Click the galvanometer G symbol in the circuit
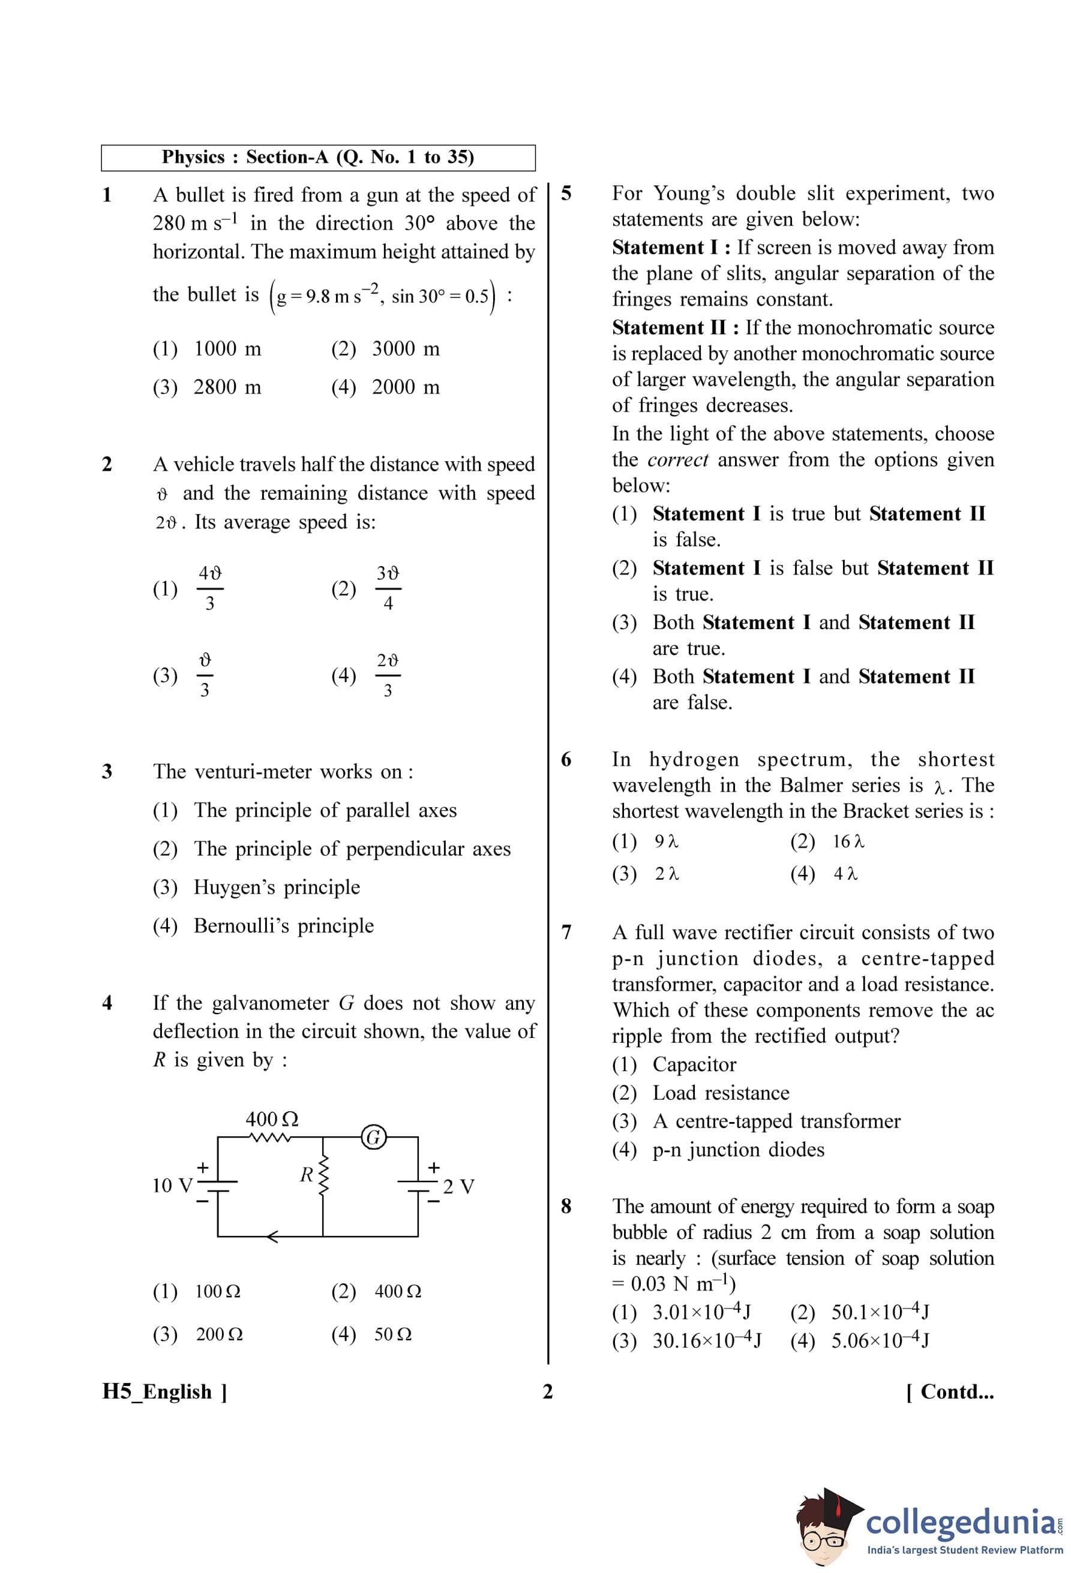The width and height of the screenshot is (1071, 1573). point(373,1137)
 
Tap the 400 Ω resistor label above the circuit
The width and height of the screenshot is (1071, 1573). point(271,1119)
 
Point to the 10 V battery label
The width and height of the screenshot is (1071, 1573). point(172,1185)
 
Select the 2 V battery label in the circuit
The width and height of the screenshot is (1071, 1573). point(458,1187)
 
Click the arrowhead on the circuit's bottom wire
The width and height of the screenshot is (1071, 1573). point(271,1237)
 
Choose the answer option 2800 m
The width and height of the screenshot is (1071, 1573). point(227,387)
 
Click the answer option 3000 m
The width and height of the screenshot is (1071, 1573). point(406,348)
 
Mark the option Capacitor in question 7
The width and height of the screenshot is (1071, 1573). point(694,1064)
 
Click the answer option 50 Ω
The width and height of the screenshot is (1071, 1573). point(392,1335)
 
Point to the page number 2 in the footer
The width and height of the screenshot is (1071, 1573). point(548,1392)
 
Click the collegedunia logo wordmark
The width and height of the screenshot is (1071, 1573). point(960,1522)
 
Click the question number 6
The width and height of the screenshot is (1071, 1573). point(566,759)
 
